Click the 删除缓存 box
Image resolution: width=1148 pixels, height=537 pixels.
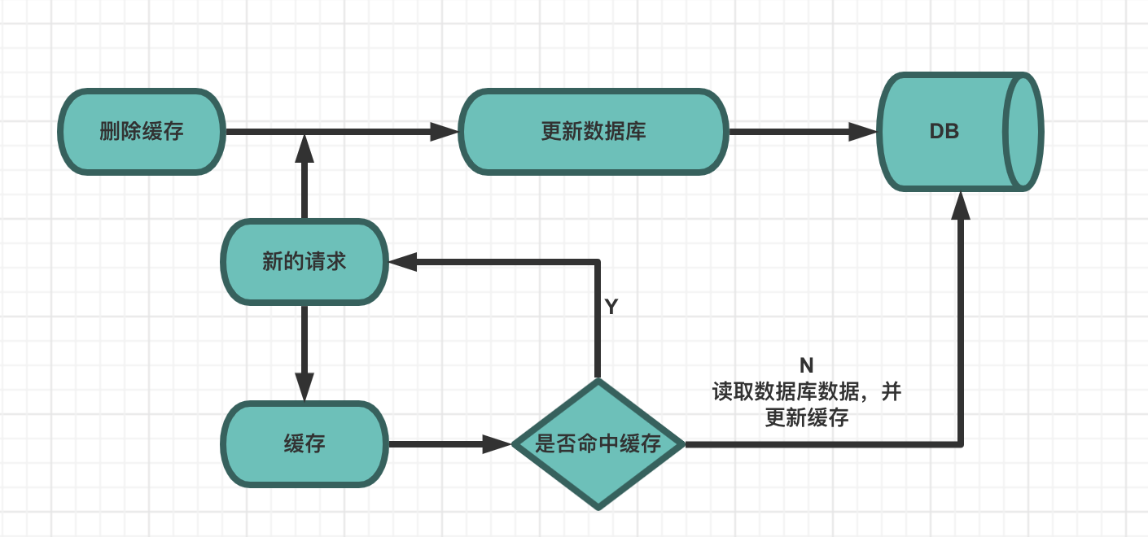[142, 132]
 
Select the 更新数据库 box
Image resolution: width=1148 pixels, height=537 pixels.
[593, 132]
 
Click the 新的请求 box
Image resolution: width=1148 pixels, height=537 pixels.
[305, 262]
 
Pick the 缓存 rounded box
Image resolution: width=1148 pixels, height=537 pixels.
[305, 444]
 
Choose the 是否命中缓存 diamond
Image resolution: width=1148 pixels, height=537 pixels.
[598, 444]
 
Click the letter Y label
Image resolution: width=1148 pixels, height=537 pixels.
[611, 307]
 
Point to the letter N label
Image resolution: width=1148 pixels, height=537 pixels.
[806, 365]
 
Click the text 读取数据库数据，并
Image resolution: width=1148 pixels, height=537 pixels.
[806, 392]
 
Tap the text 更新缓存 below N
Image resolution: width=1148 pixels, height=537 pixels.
[806, 418]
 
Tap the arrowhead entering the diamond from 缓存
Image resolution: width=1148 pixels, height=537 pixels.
[497, 444]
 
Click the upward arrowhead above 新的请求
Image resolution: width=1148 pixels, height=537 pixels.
[305, 148]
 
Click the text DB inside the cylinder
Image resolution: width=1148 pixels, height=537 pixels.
[944, 132]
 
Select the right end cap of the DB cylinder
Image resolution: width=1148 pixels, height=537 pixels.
[1024, 132]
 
